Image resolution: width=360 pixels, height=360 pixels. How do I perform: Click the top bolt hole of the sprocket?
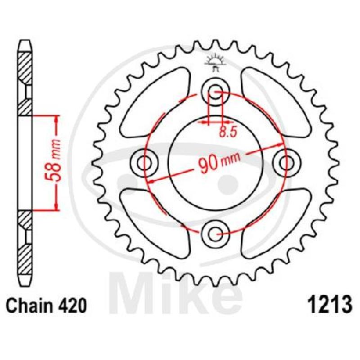coord(215,92)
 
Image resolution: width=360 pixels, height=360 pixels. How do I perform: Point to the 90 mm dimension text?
coord(219,162)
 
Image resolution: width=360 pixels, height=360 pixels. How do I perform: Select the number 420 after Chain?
coord(74,306)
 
